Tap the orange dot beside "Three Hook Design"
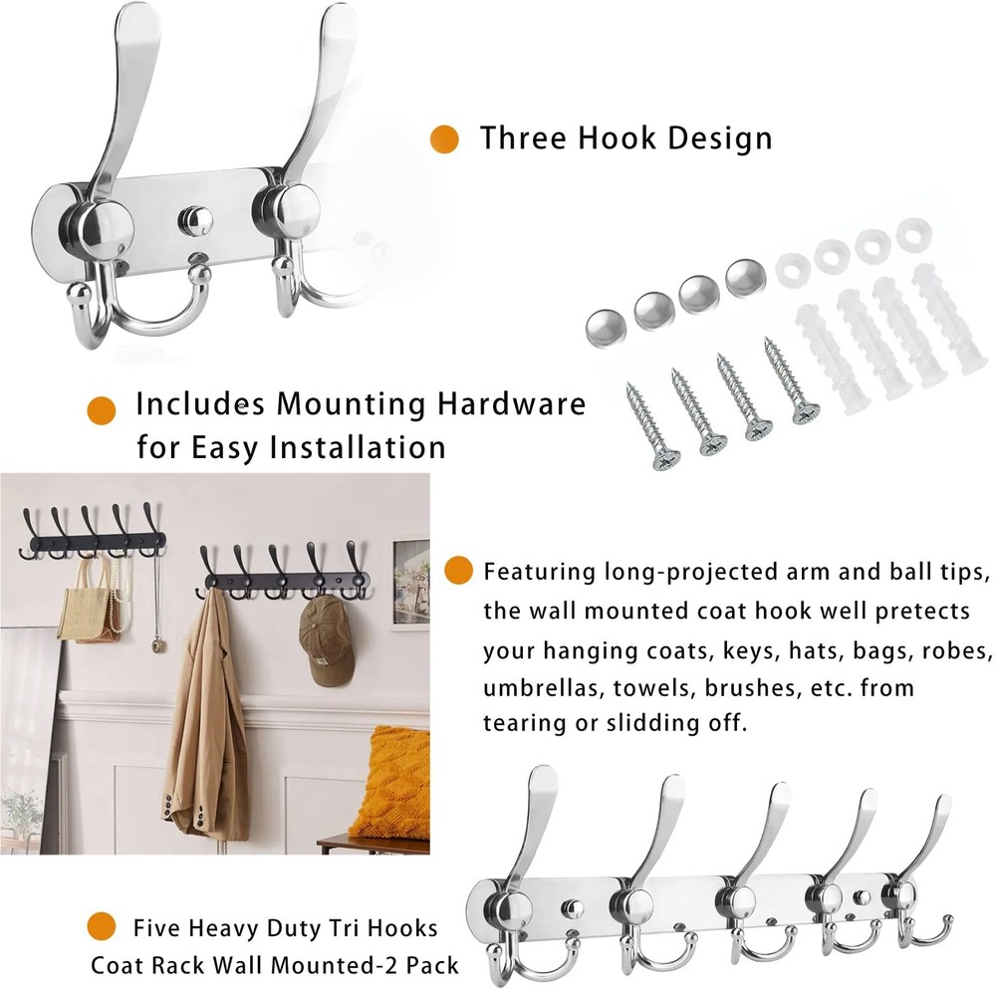[444, 138]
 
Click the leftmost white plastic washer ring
[792, 270]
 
